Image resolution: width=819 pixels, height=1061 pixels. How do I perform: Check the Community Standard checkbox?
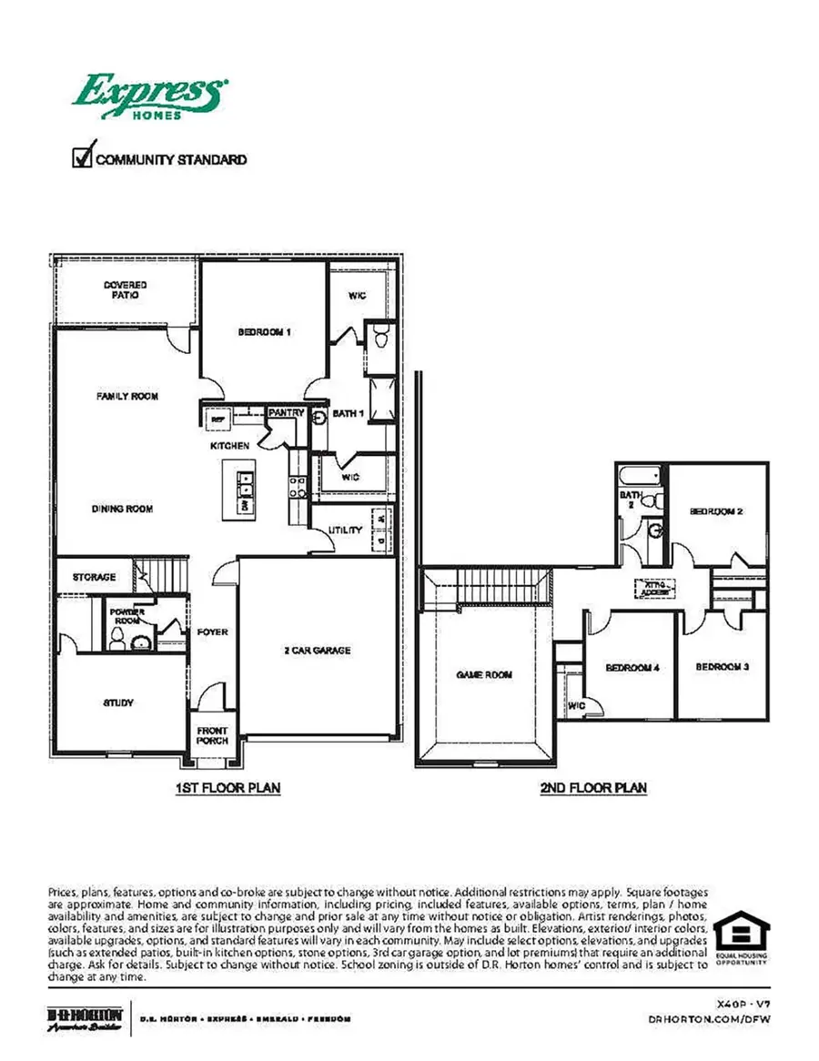tap(82, 157)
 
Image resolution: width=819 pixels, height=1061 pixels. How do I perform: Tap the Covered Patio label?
tap(125, 290)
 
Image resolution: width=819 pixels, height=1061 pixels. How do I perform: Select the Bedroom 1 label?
tap(264, 332)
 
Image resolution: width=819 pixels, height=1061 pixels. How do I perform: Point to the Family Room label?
tap(127, 397)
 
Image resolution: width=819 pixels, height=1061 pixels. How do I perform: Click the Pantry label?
tap(287, 413)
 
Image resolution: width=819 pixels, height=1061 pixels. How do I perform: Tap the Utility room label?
tap(346, 530)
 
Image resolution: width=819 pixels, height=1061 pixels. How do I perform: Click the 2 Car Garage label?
tap(316, 651)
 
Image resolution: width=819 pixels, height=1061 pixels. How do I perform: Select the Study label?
tap(118, 703)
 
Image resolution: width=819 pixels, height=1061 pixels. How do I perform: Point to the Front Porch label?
tap(213, 735)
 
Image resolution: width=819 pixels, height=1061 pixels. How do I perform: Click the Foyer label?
tap(213, 632)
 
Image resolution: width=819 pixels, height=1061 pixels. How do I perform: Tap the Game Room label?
tap(483, 675)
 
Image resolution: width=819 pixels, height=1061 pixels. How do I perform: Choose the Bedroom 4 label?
tap(632, 669)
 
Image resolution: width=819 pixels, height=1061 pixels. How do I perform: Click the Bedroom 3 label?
tap(722, 667)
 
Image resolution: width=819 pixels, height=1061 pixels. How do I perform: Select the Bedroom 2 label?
tap(716, 512)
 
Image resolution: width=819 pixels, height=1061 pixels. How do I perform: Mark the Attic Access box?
tap(656, 588)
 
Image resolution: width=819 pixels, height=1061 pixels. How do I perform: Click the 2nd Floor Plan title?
tap(593, 788)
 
